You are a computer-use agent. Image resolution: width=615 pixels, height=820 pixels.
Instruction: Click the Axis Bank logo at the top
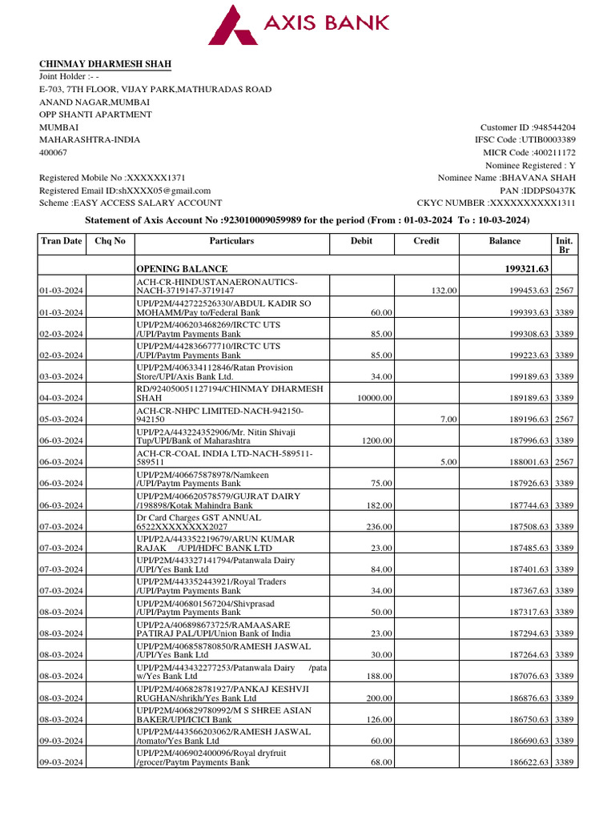(299, 25)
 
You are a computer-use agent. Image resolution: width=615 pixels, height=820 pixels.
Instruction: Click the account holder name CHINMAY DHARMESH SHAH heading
(105, 64)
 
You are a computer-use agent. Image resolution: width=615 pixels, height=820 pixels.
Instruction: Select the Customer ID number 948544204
(550, 127)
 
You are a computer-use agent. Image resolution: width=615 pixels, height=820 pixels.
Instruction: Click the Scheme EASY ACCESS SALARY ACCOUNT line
(131, 203)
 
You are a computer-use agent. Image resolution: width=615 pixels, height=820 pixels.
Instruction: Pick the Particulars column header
(231, 241)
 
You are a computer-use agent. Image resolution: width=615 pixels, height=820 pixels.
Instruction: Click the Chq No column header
(110, 241)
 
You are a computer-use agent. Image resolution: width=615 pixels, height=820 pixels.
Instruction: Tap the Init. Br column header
(564, 246)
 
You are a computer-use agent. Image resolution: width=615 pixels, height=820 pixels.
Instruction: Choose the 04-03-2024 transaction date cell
(64, 398)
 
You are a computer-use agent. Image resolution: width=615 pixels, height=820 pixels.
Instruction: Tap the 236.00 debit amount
(379, 527)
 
